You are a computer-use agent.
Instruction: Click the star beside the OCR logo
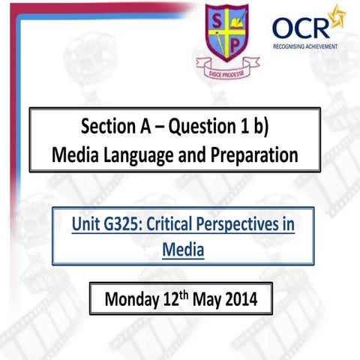point(337,15)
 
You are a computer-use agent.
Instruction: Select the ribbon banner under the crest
point(226,70)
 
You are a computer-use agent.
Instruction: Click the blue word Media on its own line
point(182,248)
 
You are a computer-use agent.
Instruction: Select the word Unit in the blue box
point(85,223)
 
